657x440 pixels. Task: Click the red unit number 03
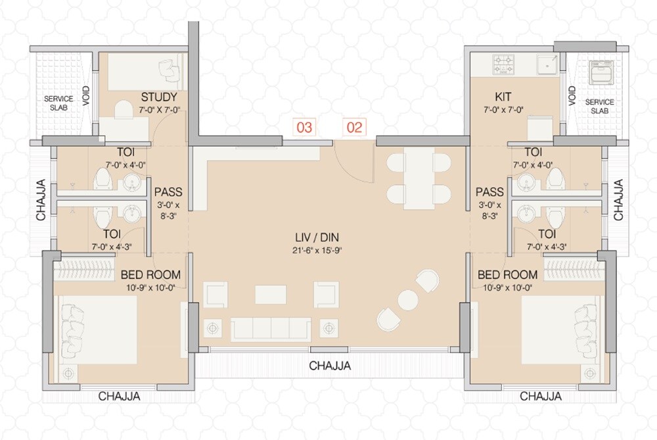point(304,128)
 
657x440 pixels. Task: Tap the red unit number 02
point(354,128)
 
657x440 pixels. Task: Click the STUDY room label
point(159,98)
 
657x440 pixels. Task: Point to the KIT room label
point(504,97)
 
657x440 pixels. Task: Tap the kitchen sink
point(546,64)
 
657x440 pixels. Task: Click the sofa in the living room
point(271,327)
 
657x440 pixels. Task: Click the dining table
point(418,178)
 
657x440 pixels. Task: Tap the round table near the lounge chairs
point(407,300)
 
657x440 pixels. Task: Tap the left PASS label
point(168,193)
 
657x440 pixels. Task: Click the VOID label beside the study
point(86,96)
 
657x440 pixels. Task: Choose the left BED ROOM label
point(150,274)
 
